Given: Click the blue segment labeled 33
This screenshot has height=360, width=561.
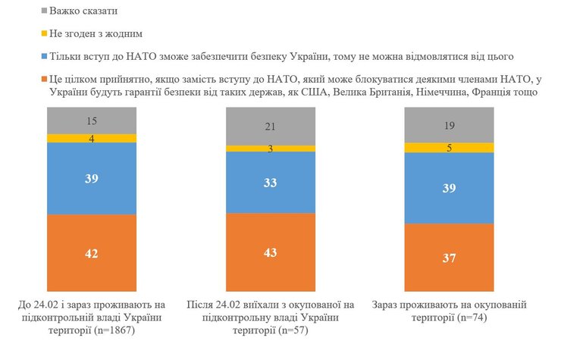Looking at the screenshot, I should tap(271, 183).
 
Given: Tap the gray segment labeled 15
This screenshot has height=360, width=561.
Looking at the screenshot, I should tap(92, 121).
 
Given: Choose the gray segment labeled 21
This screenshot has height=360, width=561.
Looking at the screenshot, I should tap(271, 127).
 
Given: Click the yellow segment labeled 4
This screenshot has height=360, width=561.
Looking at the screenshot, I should tap(92, 139).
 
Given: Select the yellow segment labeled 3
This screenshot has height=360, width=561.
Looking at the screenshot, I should tap(271, 149).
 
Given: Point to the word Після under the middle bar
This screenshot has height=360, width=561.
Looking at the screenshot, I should tap(203, 305).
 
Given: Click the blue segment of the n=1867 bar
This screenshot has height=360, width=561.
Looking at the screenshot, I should tap(92, 178).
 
